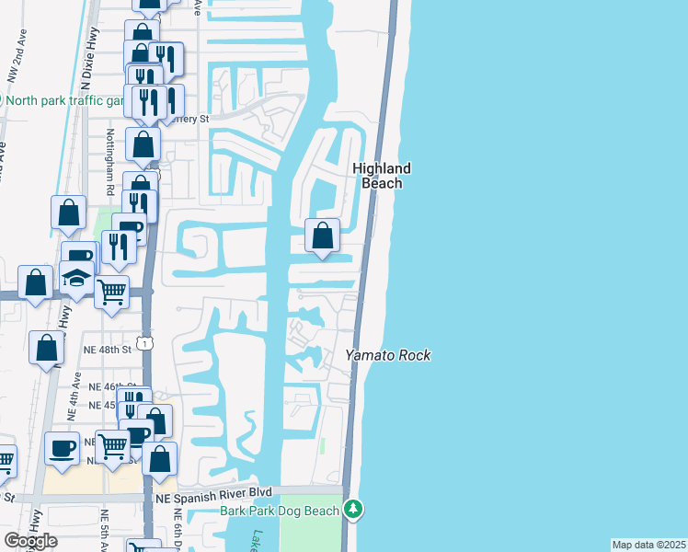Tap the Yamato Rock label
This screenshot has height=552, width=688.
point(388,355)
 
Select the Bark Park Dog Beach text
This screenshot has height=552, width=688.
point(280,510)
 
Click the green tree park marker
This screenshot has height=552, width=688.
point(354,509)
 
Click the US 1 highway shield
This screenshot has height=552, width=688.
point(146,342)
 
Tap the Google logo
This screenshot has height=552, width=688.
point(30,540)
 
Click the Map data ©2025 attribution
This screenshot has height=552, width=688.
point(648,545)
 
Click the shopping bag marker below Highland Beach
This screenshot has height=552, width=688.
point(322,236)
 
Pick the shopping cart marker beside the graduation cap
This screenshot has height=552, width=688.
point(111,293)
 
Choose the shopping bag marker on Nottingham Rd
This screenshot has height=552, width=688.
point(143,144)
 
